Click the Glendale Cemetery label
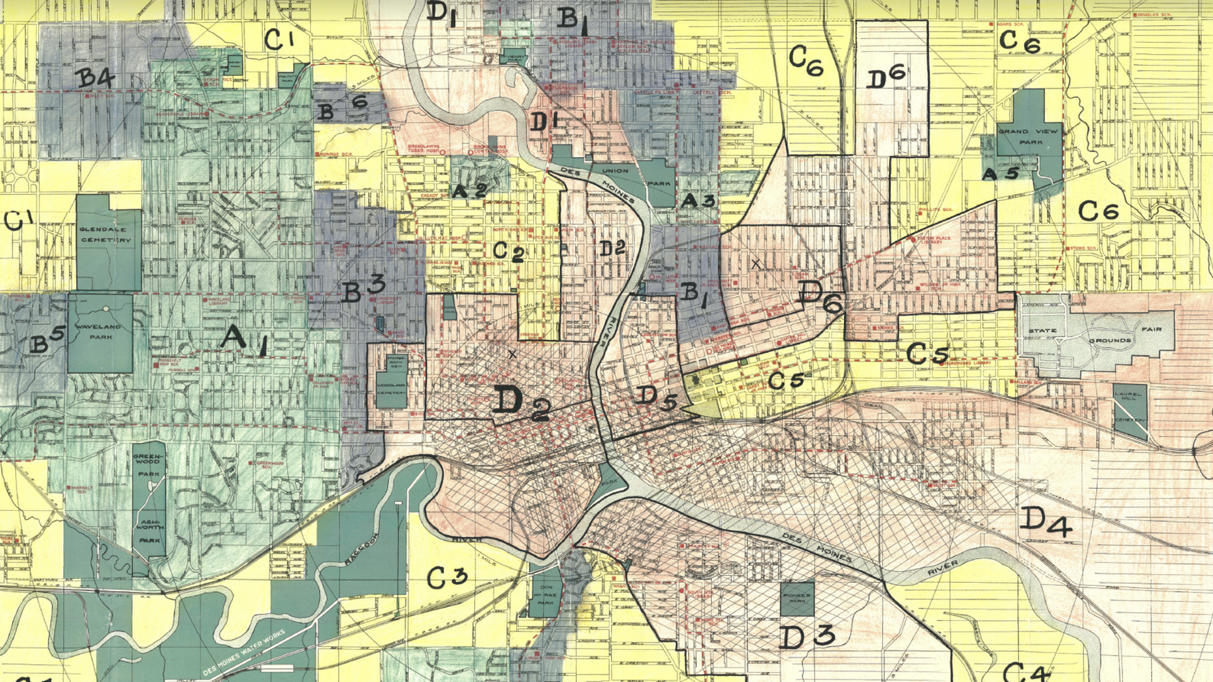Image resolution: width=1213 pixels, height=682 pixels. (106, 234)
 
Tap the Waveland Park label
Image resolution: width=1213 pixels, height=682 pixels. (98, 332)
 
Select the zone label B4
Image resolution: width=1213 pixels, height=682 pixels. (95, 78)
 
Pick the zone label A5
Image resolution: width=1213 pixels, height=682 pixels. (1001, 173)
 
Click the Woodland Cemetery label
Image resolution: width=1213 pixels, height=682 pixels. (391, 388)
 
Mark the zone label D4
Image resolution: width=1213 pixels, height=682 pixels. (1046, 522)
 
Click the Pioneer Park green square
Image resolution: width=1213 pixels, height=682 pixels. (797, 598)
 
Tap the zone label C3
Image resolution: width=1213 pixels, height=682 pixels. (447, 577)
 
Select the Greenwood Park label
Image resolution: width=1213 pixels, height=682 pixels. (149, 465)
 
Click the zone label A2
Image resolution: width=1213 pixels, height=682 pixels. (469, 189)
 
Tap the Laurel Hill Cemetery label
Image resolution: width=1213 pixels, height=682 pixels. (1129, 407)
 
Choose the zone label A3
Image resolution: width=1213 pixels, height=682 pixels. (697, 201)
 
